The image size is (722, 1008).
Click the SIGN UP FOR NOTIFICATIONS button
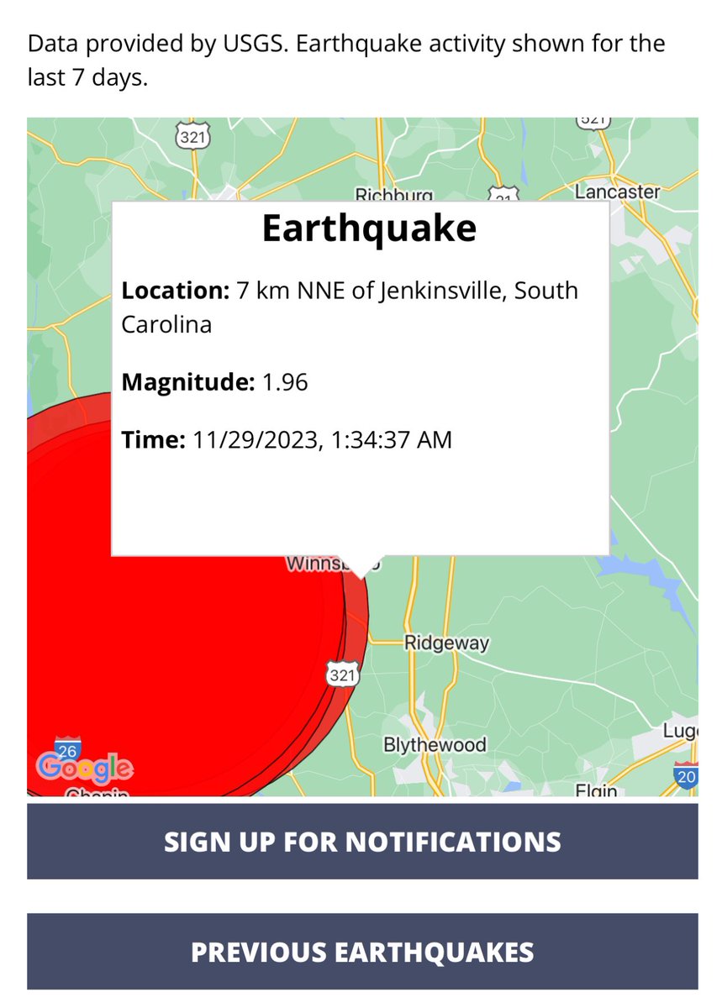[x=362, y=842]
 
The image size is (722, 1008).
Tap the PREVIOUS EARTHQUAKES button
[x=362, y=952]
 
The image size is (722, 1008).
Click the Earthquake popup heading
[x=368, y=228]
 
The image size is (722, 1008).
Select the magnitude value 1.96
[x=286, y=383]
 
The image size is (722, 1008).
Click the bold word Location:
[x=175, y=291]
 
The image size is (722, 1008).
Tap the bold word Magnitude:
[x=187, y=383]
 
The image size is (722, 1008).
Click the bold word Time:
[x=153, y=439]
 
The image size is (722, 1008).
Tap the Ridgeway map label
[x=446, y=643]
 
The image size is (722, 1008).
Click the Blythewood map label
[x=435, y=745]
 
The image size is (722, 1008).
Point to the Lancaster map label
[x=617, y=192]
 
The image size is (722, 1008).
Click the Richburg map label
[x=393, y=195]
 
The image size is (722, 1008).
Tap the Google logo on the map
[x=84, y=767]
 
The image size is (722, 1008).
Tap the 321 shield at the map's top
[x=192, y=137]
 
